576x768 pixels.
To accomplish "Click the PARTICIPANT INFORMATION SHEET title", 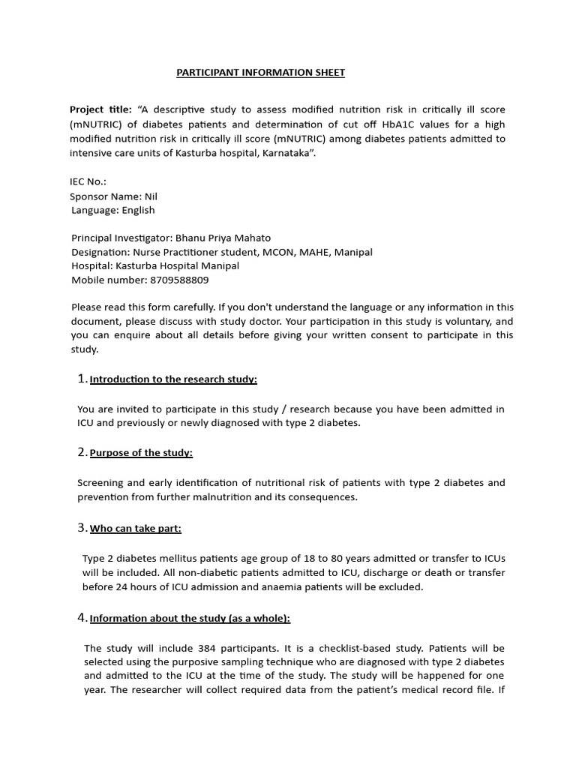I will (260, 73).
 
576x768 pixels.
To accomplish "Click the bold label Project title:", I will (100, 109).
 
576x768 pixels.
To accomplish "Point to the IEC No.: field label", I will (88, 181).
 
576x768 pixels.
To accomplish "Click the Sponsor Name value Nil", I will (151, 196).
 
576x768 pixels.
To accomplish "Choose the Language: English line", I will (113, 210).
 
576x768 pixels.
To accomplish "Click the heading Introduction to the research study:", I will (173, 379).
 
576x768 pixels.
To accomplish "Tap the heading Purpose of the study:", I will (141, 453).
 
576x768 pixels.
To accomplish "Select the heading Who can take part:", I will (136, 529).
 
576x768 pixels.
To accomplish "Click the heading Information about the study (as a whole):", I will (190, 619).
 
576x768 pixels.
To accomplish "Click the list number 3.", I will (82, 528).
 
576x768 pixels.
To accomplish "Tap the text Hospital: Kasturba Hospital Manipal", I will (155, 266).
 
